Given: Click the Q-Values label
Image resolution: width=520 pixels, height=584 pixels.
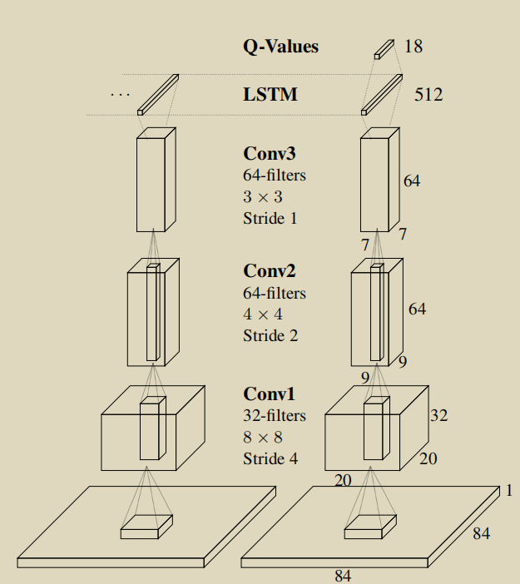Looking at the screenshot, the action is pyautogui.click(x=281, y=47).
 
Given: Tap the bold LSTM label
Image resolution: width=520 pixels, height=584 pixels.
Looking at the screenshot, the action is pyautogui.click(x=270, y=94).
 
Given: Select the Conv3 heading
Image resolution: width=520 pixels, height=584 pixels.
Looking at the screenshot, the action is pyautogui.click(x=270, y=153).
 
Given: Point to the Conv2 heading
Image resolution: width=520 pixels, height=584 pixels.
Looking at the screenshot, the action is pyautogui.click(x=270, y=270).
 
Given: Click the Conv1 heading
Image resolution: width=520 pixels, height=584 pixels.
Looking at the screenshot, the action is pyautogui.click(x=269, y=394).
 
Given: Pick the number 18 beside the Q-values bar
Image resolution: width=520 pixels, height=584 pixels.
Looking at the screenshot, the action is pyautogui.click(x=414, y=47).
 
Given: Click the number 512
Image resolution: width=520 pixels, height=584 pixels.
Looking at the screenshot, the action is pyautogui.click(x=428, y=95).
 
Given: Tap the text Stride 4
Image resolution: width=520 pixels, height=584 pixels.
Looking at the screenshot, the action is pyautogui.click(x=270, y=459).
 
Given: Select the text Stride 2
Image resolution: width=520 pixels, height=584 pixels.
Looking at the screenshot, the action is pyautogui.click(x=270, y=335).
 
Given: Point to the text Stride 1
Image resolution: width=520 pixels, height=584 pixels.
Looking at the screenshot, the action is pyautogui.click(x=270, y=218).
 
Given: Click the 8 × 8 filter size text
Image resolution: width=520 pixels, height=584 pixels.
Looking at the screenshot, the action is pyautogui.click(x=263, y=438).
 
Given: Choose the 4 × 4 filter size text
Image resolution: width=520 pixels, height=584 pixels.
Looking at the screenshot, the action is pyautogui.click(x=263, y=314).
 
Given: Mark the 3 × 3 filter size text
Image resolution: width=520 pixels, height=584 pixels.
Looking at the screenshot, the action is pyautogui.click(x=263, y=197).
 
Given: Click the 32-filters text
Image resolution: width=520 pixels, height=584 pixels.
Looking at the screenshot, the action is pyautogui.click(x=275, y=416).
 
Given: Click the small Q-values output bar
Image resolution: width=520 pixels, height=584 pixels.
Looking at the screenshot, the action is pyautogui.click(x=384, y=50).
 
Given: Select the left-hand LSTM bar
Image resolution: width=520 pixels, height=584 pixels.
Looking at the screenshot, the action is pyautogui.click(x=158, y=95).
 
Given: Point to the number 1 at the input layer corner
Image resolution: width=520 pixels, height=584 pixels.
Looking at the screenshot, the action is pyautogui.click(x=509, y=491).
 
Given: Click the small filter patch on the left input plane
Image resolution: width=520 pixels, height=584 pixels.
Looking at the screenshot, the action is pyautogui.click(x=146, y=527).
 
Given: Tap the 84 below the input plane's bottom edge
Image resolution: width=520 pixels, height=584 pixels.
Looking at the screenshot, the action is pyautogui.click(x=343, y=576).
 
